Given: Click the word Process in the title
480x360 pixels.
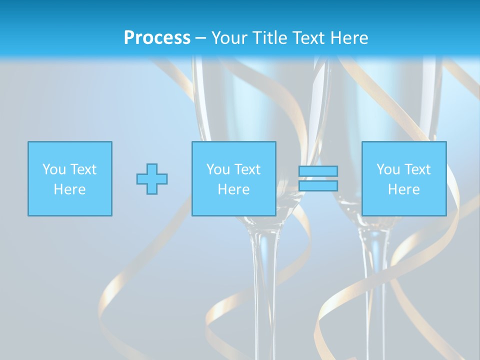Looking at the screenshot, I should click(157, 38).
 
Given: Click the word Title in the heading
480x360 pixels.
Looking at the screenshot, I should click(271, 38).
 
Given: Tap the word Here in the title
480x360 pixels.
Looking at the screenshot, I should click(348, 38).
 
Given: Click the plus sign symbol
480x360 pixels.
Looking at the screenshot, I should click(152, 179).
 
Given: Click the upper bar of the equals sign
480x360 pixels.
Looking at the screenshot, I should click(318, 171).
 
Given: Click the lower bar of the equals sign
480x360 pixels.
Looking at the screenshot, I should click(318, 186).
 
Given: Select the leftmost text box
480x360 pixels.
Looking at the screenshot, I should click(69, 178).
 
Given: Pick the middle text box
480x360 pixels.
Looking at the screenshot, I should click(233, 178).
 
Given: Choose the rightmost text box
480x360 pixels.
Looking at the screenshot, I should click(403, 178).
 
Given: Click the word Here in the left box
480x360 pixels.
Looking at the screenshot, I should click(69, 189).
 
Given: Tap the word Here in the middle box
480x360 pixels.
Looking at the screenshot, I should click(233, 189).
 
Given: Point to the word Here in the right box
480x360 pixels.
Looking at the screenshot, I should click(403, 189).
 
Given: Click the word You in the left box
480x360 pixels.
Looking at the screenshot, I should click(53, 169).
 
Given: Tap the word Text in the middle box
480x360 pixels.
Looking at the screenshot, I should click(247, 169).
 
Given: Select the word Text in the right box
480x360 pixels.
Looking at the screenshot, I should click(417, 169).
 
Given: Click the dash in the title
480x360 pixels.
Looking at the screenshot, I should click(200, 38).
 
